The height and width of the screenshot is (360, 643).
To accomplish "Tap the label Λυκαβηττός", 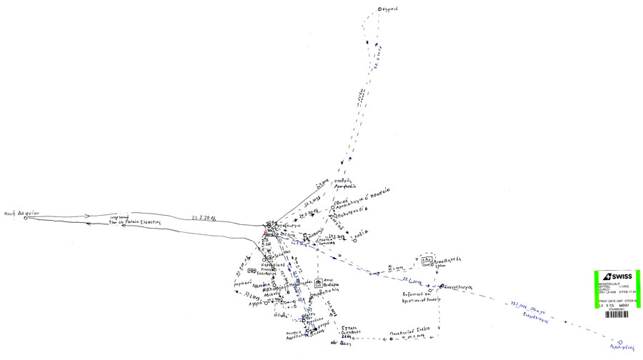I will (450, 261).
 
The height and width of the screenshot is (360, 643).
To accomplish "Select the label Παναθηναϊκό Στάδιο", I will (408, 332).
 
